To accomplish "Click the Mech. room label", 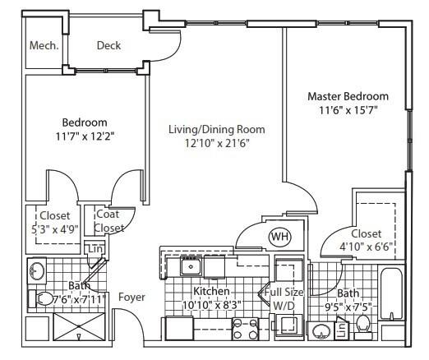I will [x=44, y=46].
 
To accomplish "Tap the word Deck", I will [x=109, y=46].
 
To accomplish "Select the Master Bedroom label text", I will [x=348, y=96].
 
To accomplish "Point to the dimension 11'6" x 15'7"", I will [x=348, y=110].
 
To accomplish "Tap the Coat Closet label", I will [x=108, y=221].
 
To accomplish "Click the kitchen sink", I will [x=191, y=265].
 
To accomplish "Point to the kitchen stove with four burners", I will [x=246, y=329].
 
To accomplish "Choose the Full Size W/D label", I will [x=282, y=298].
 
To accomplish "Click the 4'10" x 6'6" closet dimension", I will [x=366, y=244].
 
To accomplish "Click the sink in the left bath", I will [x=37, y=270].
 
